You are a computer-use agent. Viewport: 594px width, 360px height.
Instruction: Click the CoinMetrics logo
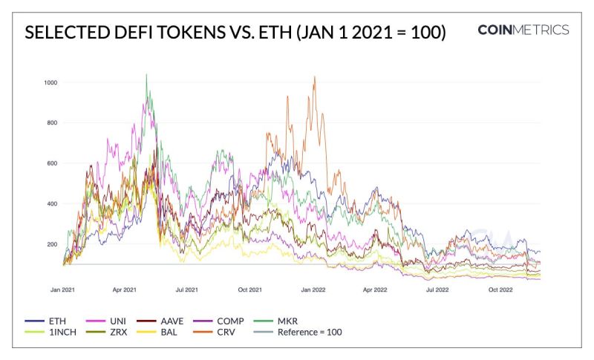[523, 30]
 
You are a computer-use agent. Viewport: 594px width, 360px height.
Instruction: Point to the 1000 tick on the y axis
[51, 82]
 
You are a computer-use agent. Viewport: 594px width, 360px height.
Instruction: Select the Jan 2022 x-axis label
[313, 289]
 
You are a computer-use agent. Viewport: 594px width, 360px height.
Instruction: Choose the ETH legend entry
[48, 321]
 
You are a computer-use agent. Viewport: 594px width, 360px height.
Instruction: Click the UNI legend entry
[116, 321]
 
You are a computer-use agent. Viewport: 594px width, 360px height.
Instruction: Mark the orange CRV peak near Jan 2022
[315, 76]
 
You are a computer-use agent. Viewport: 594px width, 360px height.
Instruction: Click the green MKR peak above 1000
[146, 74]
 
